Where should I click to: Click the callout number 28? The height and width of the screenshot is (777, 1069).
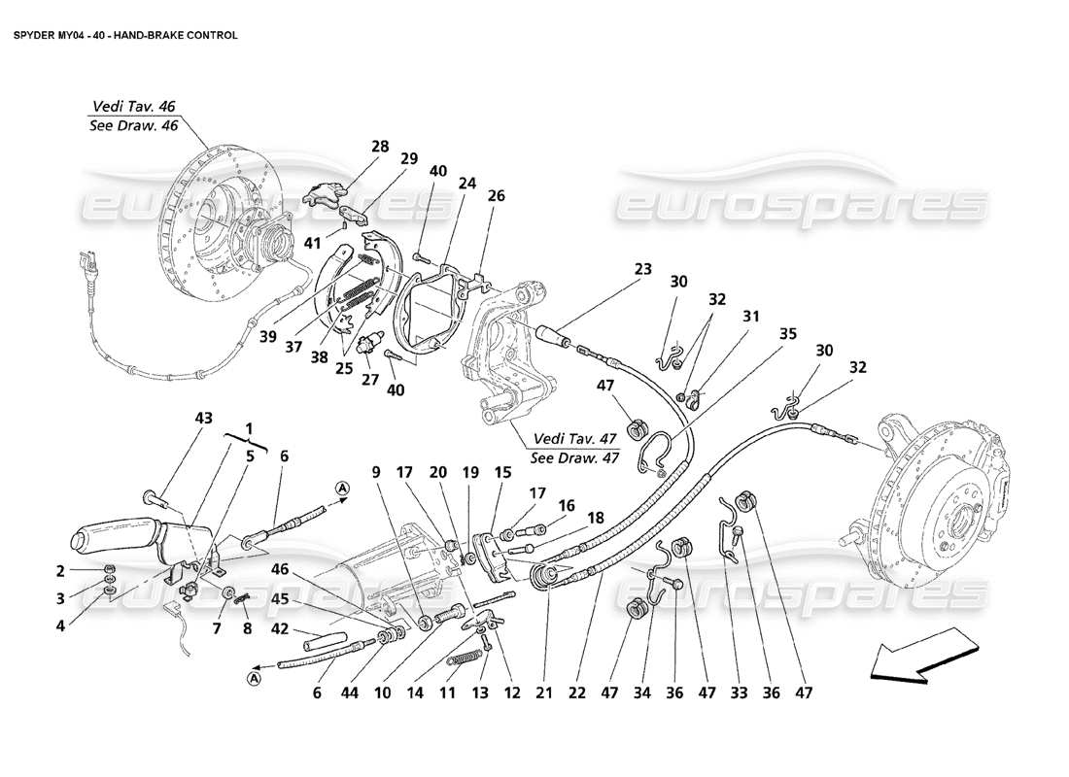(378, 147)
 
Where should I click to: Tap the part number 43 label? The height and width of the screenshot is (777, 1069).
(202, 418)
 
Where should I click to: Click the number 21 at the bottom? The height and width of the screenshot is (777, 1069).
(545, 693)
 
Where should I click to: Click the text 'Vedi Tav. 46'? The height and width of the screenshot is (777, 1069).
(134, 106)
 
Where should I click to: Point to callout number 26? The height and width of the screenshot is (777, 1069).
(497, 195)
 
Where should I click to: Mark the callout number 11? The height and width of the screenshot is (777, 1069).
(448, 693)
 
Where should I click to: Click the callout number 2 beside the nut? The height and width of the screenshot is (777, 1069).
(60, 570)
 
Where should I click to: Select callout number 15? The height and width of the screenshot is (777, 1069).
(503, 471)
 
